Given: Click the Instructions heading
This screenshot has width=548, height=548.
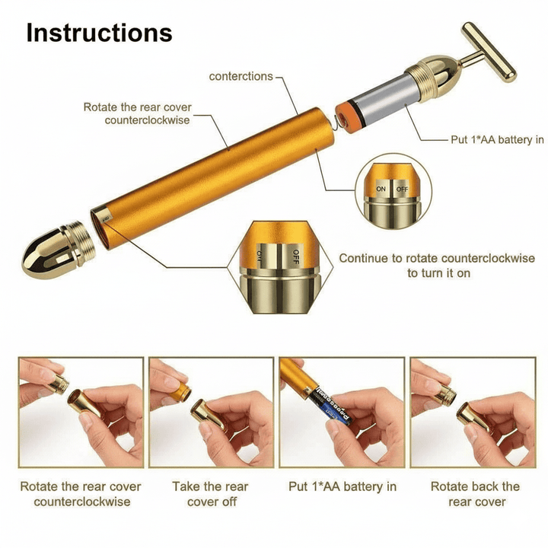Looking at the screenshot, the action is [x=99, y=33].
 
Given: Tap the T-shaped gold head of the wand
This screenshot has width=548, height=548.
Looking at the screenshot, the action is [x=489, y=52].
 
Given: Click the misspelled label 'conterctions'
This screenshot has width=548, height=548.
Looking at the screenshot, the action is [x=241, y=76].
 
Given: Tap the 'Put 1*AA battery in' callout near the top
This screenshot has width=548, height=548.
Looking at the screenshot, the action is [x=497, y=140].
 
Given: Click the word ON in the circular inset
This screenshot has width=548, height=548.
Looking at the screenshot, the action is [x=381, y=189].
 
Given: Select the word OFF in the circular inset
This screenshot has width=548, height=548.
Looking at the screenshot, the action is [x=402, y=189].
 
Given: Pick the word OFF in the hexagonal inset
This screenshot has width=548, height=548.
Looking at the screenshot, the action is [x=295, y=257].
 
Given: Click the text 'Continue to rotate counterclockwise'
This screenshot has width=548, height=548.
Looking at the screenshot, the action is [x=437, y=258].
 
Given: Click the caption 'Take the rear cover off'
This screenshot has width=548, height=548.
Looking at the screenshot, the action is [x=211, y=494].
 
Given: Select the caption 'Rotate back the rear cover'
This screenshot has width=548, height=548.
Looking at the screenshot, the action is [x=475, y=494].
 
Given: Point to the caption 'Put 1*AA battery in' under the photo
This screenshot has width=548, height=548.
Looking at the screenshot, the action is [x=342, y=486].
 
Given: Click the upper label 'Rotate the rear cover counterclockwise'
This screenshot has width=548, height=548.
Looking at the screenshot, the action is [x=138, y=113].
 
